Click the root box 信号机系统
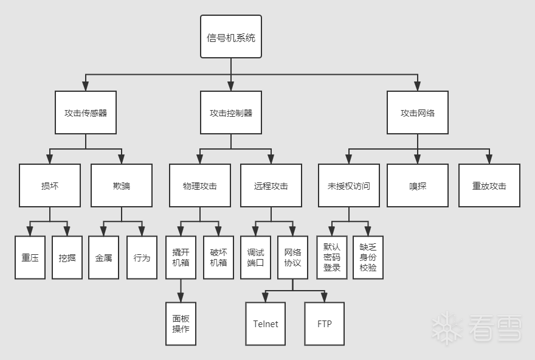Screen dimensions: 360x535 231,37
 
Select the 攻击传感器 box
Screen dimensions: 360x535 85,112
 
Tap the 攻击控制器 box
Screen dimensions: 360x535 231,112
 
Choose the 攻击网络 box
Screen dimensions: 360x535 418,112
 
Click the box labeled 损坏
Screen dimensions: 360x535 50,185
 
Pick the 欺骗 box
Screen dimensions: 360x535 122,185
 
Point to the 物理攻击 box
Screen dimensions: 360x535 199,185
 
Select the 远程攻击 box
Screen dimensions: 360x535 271,185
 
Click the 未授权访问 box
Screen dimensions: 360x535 349,185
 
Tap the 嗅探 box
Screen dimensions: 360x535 418,185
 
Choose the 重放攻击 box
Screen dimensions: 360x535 489,185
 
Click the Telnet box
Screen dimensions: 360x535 266,324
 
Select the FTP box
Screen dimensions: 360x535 325,324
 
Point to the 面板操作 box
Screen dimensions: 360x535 181,324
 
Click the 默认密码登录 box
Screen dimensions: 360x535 332,257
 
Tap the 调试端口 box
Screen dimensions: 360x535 255,257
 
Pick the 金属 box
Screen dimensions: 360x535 103,257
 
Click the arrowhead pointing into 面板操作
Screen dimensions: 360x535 181,298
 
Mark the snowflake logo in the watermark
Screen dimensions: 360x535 447,328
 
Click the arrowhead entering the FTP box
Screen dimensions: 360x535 325,298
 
